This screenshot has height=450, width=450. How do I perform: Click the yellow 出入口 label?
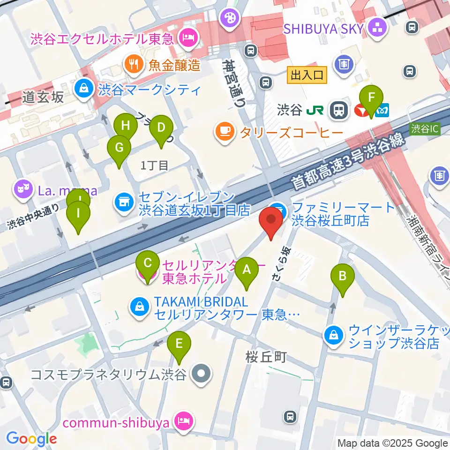307,75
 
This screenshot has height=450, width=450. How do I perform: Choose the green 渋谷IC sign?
425,128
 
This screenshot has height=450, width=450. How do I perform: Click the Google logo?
31,439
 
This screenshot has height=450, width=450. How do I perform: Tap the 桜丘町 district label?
266,358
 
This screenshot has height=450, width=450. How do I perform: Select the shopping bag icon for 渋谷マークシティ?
83,88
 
